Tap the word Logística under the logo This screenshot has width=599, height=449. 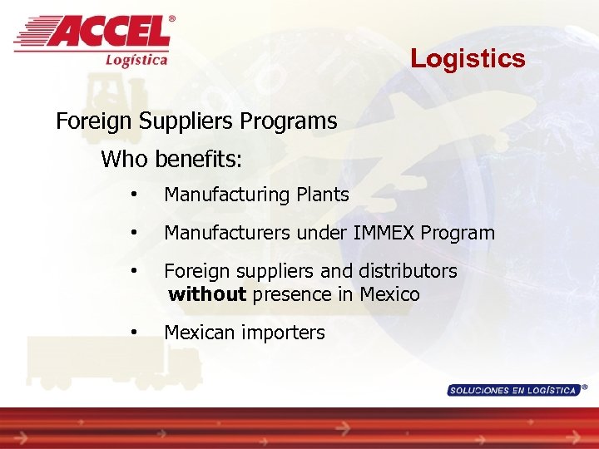136,59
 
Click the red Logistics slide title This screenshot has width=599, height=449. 468,59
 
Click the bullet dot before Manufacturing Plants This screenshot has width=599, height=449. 134,195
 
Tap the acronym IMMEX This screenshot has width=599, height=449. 384,233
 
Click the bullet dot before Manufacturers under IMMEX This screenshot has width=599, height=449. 134,233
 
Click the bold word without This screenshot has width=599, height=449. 207,294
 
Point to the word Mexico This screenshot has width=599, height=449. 390,294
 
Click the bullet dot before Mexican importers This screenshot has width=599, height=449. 134,333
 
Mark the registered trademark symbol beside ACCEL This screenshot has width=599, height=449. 172,18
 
